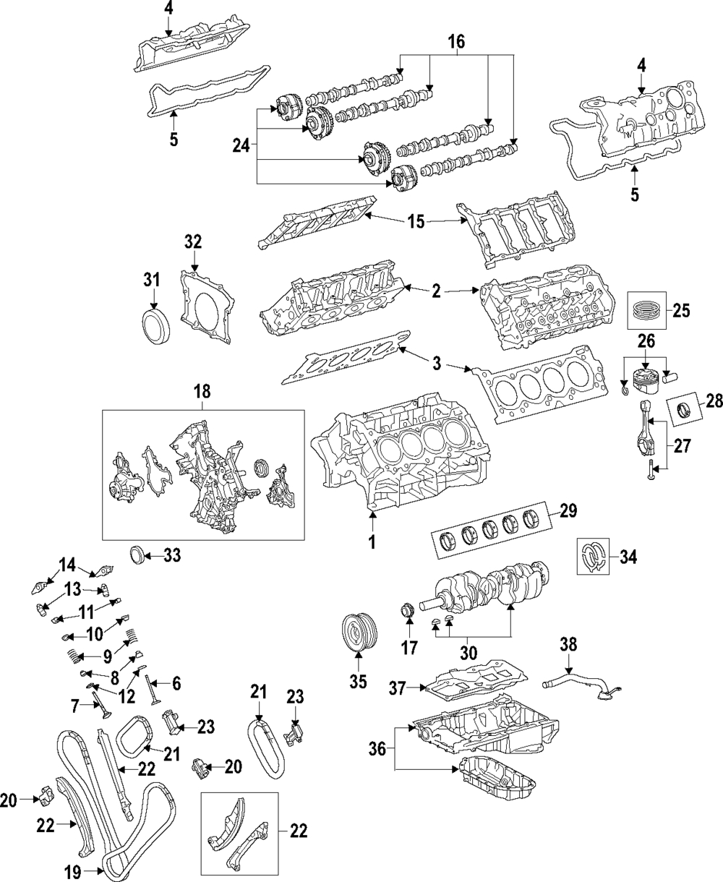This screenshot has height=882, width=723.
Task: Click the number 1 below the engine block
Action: tap(372, 542)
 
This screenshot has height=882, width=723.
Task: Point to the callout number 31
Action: tap(153, 280)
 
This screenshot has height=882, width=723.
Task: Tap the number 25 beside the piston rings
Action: tap(681, 310)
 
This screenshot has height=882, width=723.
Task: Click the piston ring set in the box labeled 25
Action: tap(646, 310)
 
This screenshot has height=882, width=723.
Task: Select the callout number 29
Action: tap(568, 511)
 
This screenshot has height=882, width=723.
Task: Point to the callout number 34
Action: tap(628, 557)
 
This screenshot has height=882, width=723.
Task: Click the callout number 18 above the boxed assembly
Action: tap(202, 392)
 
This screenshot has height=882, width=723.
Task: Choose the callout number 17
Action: tap(409, 659)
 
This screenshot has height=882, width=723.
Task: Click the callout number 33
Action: tap(171, 556)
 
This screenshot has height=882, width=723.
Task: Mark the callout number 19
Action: tap(73, 868)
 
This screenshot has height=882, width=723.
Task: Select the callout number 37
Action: tap(397, 688)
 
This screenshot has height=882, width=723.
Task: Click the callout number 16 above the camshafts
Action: tap(456, 42)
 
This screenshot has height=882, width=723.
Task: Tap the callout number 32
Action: tap(193, 241)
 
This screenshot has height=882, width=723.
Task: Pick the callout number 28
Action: tap(714, 401)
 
